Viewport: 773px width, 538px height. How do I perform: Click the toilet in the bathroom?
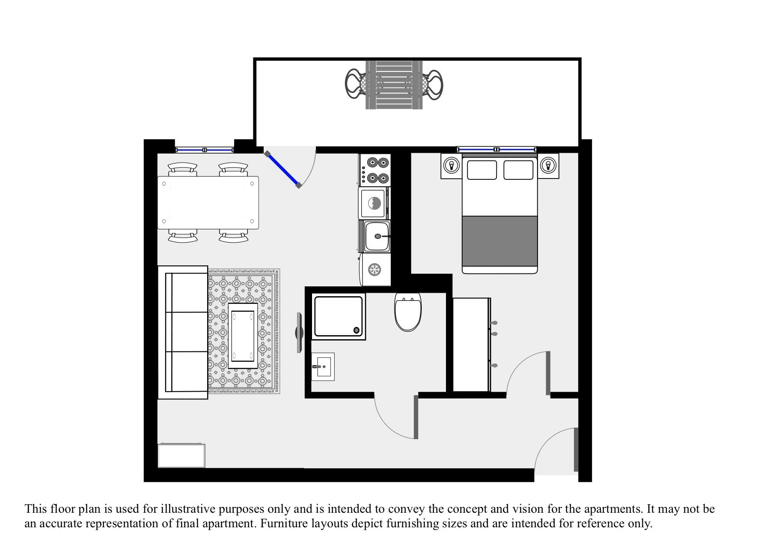(408, 312)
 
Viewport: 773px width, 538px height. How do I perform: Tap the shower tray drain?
(356, 330)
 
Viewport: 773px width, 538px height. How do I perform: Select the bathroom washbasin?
(323, 366)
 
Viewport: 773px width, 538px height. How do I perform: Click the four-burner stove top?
(375, 169)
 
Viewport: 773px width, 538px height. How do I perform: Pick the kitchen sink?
(377, 236)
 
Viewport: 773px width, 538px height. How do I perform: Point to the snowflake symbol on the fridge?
(375, 270)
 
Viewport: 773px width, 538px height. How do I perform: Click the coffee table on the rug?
(243, 335)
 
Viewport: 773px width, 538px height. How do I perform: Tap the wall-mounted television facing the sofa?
(300, 333)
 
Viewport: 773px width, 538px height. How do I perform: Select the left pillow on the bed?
(482, 170)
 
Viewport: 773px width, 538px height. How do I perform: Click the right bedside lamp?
(548, 165)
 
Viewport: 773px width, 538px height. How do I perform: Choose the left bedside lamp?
(451, 165)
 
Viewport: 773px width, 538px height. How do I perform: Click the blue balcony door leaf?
(282, 169)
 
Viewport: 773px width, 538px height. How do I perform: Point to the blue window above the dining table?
(205, 150)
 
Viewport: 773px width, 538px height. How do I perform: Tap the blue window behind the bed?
(497, 149)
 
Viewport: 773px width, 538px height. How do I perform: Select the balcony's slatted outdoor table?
(394, 85)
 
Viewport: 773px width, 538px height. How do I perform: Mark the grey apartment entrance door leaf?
(576, 449)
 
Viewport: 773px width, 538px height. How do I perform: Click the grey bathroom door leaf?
(416, 417)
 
